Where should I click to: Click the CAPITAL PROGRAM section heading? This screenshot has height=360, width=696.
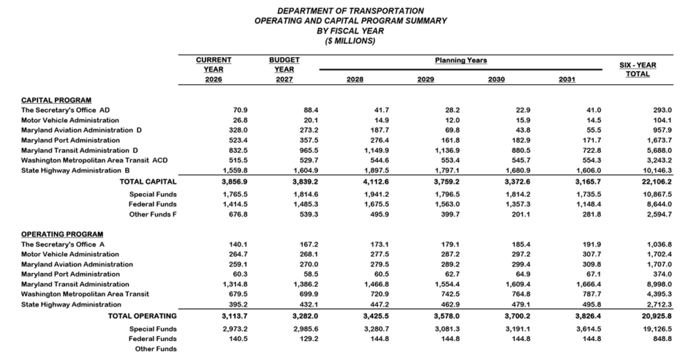[56, 100]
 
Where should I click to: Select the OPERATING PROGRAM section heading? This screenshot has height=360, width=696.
[62, 234]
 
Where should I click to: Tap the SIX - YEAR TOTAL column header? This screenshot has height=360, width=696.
[637, 69]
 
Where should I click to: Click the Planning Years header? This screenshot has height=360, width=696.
[461, 60]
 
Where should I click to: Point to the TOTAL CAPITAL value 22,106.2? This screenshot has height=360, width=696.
[655, 182]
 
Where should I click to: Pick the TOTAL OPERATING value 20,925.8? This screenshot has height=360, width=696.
[655, 316]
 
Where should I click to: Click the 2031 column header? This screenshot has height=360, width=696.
[566, 79]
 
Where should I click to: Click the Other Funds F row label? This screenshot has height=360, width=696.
[153, 215]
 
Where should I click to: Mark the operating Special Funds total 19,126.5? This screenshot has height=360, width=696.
[655, 329]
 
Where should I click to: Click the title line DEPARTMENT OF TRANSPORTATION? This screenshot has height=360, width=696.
[351, 11]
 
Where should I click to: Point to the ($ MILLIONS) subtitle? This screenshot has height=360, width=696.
[351, 41]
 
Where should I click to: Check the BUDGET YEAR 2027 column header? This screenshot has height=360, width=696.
[284, 69]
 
